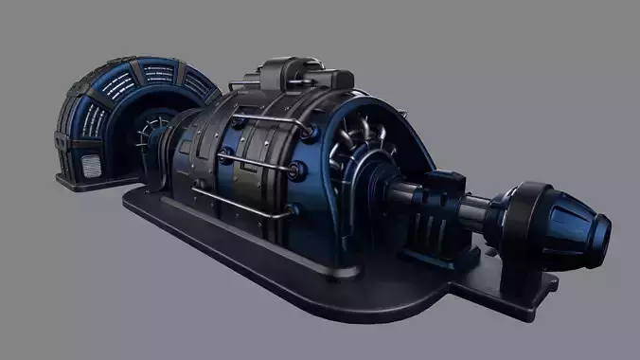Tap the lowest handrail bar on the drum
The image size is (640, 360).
(237, 200)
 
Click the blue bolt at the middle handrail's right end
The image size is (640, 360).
(300, 171)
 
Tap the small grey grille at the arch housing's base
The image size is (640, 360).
(93, 166)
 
